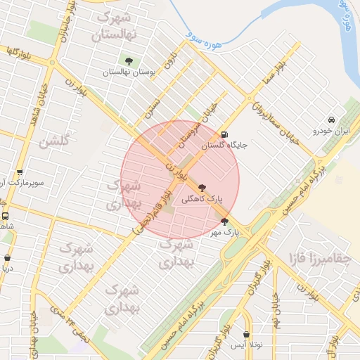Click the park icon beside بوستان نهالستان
pos(129,61)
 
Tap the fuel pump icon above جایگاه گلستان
pos(224,134)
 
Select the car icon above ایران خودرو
pos(331,119)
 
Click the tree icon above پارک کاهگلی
pos(203,188)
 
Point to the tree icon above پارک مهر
pos(224,220)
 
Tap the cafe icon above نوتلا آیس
pos(246,335)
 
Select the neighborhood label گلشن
pos(54,141)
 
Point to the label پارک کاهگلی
pos(202,200)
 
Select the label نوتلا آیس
pos(246,346)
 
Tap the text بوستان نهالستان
pos(129,72)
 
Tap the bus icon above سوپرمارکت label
pos(19,172)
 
